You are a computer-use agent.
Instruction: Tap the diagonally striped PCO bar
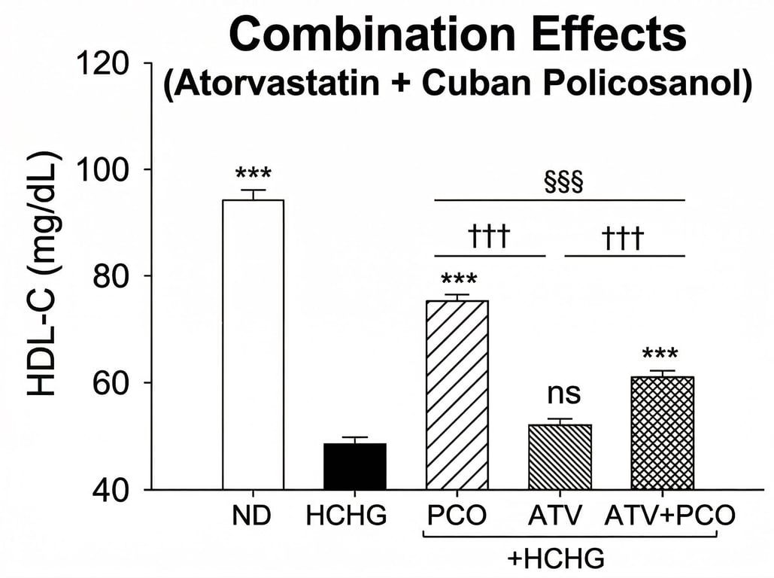pyautogui.click(x=457, y=394)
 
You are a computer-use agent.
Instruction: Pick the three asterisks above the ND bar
pyautogui.click(x=253, y=175)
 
